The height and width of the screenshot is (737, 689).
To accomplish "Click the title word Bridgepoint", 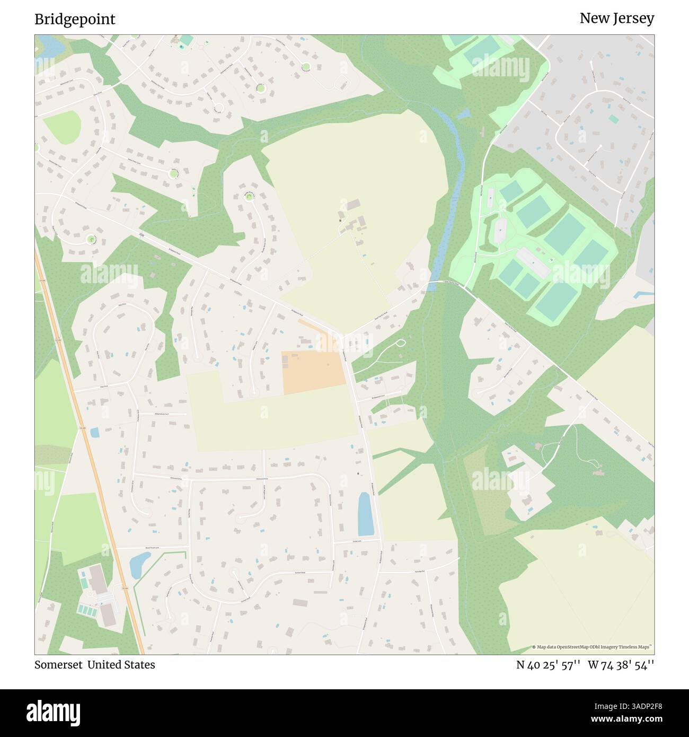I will click(x=75, y=19).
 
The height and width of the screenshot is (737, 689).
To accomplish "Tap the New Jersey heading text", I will click(x=616, y=18).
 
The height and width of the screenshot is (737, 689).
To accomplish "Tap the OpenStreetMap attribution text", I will click(x=593, y=647).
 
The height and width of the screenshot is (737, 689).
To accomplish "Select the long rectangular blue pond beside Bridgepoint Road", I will click(x=365, y=514).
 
